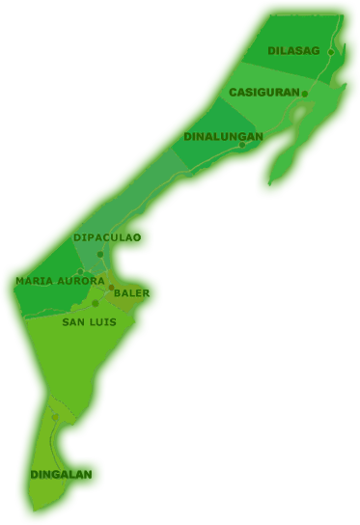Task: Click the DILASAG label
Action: pos(293,50)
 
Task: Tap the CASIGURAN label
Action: pos(263,93)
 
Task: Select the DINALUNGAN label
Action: pos(223,137)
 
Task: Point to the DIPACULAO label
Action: pos(106,237)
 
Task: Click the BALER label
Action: pos(131,292)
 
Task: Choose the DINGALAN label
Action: pos(61,474)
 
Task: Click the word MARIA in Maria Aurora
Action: pos(33,281)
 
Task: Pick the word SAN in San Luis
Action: pos(74,321)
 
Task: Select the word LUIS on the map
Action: pos(103,321)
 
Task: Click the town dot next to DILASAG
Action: pos(330,52)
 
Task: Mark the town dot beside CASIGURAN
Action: pos(304,94)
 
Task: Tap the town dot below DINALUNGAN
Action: pos(242,146)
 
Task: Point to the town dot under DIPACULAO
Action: pos(100,255)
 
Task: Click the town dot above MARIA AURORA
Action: pos(80,271)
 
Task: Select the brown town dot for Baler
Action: pos(111,288)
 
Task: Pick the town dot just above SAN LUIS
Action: pos(95,304)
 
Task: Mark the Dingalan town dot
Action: pos(56,417)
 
